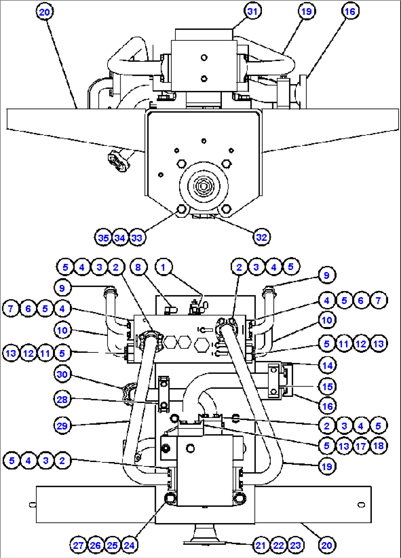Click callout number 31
252,11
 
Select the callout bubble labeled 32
262,237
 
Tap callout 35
103,238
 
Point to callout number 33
137,238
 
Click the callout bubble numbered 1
163,267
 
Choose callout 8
138,267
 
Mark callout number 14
327,365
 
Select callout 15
327,387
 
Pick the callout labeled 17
361,446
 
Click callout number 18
378,446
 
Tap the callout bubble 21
261,545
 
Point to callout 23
295,545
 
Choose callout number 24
129,545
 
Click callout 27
78,545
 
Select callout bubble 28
62,399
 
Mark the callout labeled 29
62,426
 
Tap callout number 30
62,374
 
